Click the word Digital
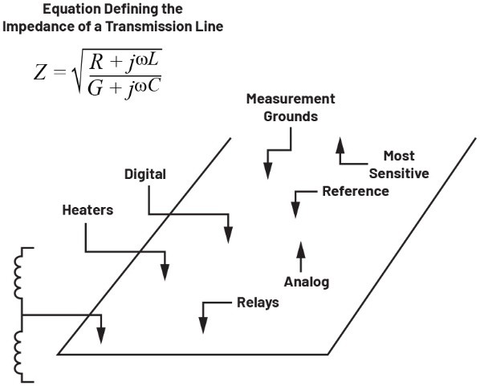click(145, 174)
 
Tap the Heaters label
click(87, 210)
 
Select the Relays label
click(258, 303)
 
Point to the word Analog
click(307, 282)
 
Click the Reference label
click(356, 191)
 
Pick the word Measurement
click(291, 99)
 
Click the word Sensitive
click(399, 173)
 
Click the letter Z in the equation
click(40, 73)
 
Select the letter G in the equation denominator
click(95, 89)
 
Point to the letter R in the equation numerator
click(96, 63)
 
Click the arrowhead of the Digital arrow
click(229, 235)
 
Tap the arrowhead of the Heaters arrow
click(165, 272)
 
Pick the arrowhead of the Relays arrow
click(203, 325)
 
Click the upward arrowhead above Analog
click(301, 250)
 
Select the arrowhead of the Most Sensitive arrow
click(340, 145)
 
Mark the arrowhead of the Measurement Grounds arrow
click(268, 171)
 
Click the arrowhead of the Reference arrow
click(295, 209)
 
